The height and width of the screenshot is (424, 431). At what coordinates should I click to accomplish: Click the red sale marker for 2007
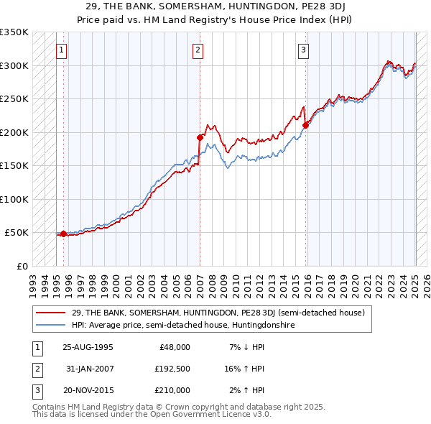[200, 137]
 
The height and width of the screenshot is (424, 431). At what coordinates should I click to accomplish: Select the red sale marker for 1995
[63, 234]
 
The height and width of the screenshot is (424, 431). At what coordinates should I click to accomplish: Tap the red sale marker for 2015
[305, 125]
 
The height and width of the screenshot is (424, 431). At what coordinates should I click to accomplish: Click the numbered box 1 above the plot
[62, 50]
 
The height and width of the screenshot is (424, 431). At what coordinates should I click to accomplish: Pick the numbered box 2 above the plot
[198, 50]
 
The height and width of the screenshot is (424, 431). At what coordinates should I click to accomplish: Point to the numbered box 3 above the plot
[304, 50]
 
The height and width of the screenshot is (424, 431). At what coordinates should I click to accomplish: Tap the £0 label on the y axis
[22, 266]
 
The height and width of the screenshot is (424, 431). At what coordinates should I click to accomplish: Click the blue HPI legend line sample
[52, 326]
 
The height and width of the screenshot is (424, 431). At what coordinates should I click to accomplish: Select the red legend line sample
[52, 313]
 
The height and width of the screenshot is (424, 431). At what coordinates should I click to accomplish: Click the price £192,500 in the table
[173, 369]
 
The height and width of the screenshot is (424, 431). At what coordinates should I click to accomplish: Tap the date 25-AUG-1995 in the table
[88, 347]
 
